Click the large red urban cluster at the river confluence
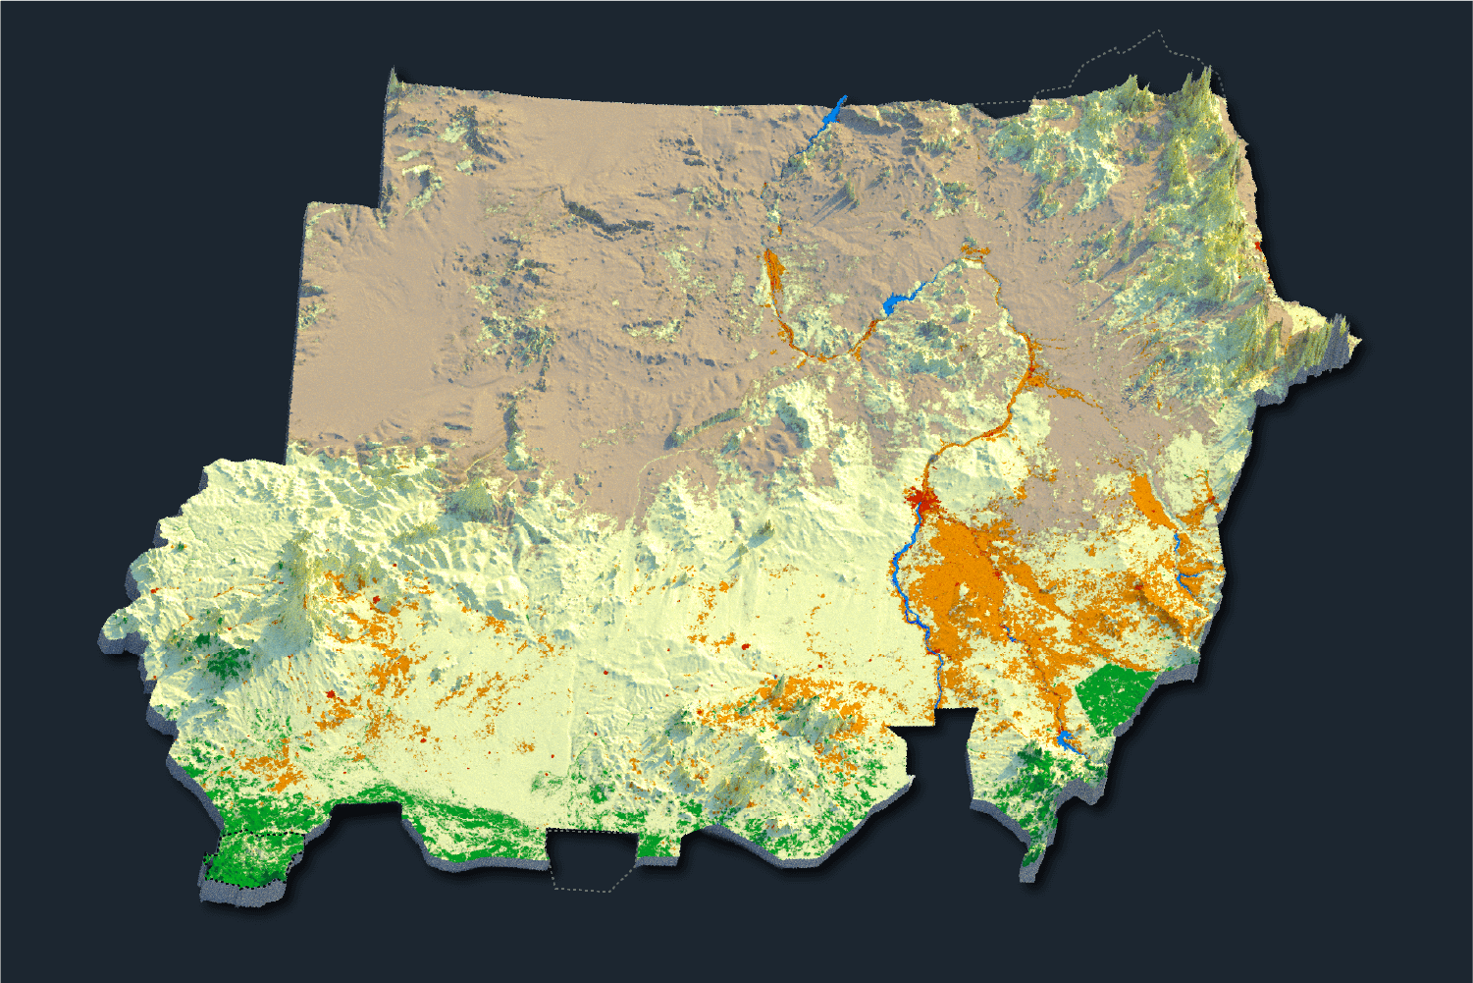pyautogui.click(x=921, y=502)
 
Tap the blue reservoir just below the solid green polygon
pyautogui.click(x=1067, y=739)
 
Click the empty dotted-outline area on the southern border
pyautogui.click(x=589, y=860)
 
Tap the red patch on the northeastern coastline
pyautogui.click(x=1259, y=245)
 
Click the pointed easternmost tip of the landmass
pyautogui.click(x=1358, y=342)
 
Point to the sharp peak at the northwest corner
pyautogui.click(x=394, y=77)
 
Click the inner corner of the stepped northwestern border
pyautogui.click(x=379, y=206)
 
